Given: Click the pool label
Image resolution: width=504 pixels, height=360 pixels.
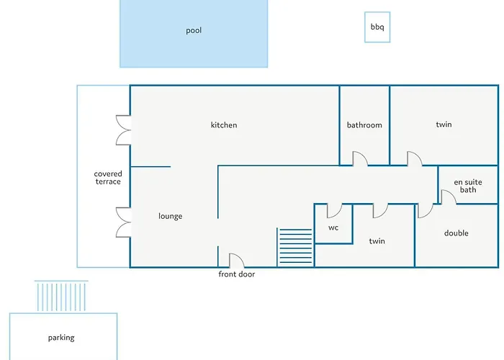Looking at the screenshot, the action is [194, 31].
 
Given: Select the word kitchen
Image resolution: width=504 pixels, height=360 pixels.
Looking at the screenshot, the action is [224, 125].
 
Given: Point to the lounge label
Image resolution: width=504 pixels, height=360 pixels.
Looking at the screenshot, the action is [171, 216].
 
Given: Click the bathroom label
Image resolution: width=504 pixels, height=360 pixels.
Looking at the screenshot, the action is [364, 125].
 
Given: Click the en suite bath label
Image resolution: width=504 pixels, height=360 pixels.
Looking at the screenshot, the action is [468, 186].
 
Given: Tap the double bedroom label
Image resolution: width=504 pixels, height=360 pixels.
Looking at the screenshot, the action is [456, 233].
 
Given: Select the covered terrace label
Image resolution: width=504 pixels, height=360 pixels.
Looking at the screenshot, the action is [108, 177].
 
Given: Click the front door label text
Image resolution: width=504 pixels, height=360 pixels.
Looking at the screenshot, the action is [237, 274].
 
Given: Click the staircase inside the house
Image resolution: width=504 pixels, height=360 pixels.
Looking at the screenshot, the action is [294, 247].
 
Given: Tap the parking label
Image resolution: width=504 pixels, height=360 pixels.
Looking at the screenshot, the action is [61, 338].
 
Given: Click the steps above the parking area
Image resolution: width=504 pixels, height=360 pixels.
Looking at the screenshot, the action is [61, 296].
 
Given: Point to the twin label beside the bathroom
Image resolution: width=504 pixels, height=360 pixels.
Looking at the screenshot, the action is [444, 125].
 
